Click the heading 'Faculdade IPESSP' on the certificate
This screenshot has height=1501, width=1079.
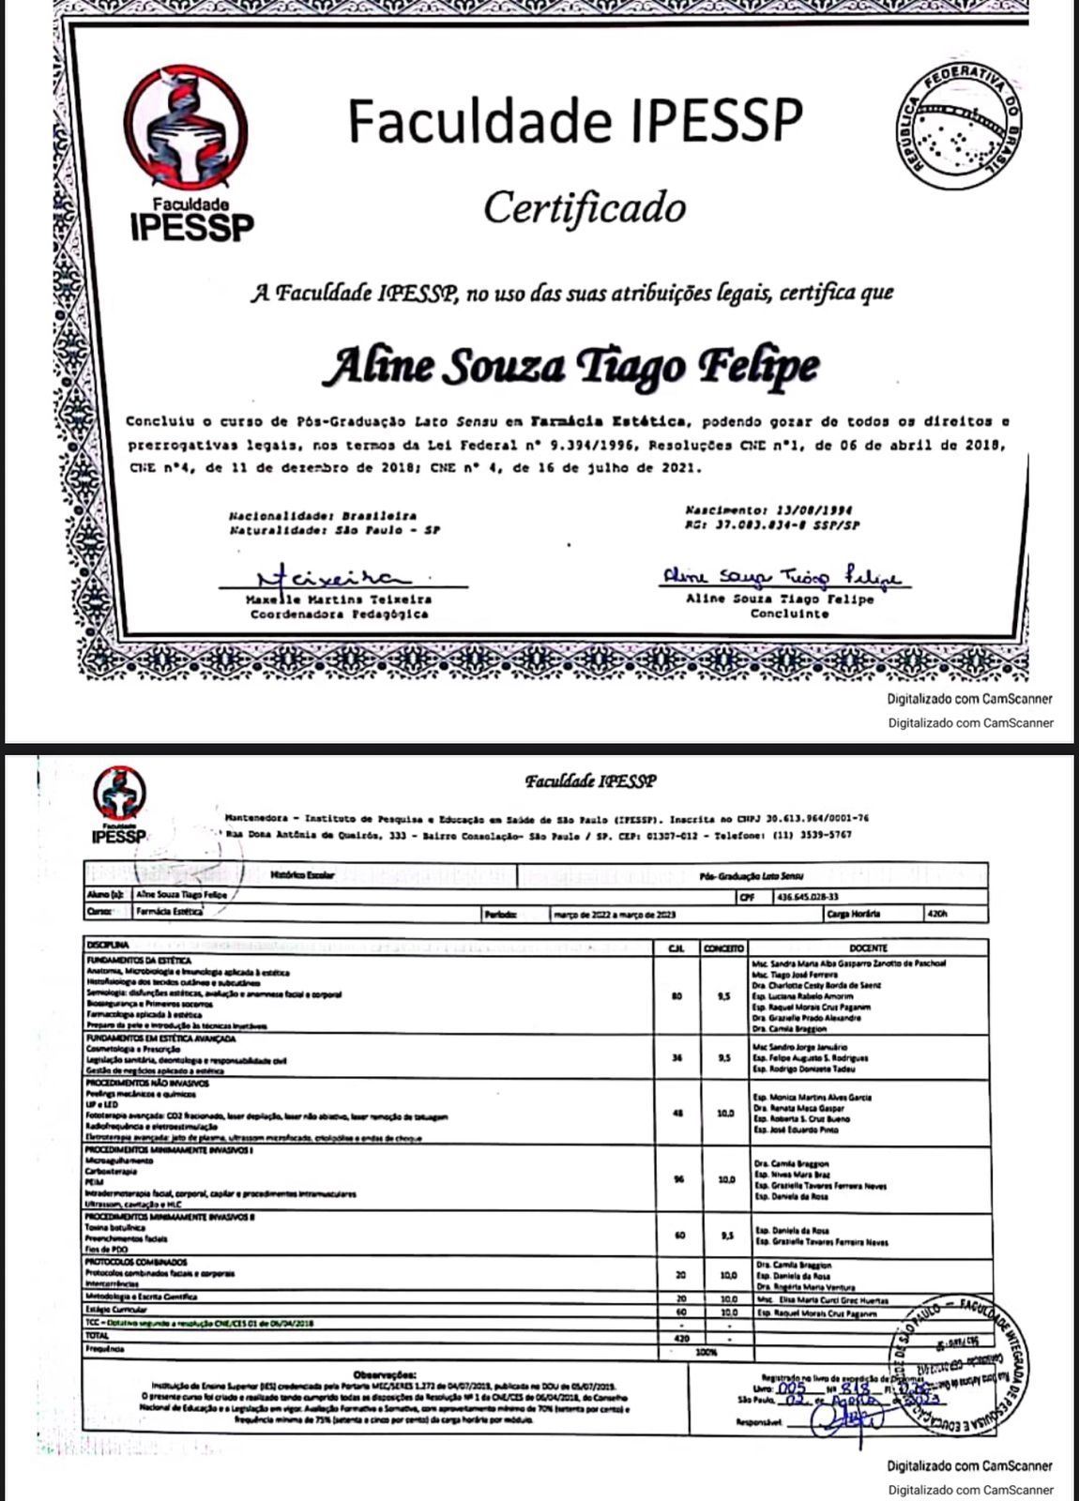pyautogui.click(x=575, y=120)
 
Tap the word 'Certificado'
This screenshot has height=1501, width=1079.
pyautogui.click(x=585, y=208)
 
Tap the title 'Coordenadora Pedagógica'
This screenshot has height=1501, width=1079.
pyautogui.click(x=339, y=614)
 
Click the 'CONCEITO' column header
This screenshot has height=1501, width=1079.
pyautogui.click(x=723, y=948)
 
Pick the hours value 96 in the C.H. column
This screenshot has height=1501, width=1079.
pyautogui.click(x=678, y=1179)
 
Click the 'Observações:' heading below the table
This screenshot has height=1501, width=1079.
pyautogui.click(x=385, y=1373)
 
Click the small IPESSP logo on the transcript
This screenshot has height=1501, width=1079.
pyautogui.click(x=119, y=803)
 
